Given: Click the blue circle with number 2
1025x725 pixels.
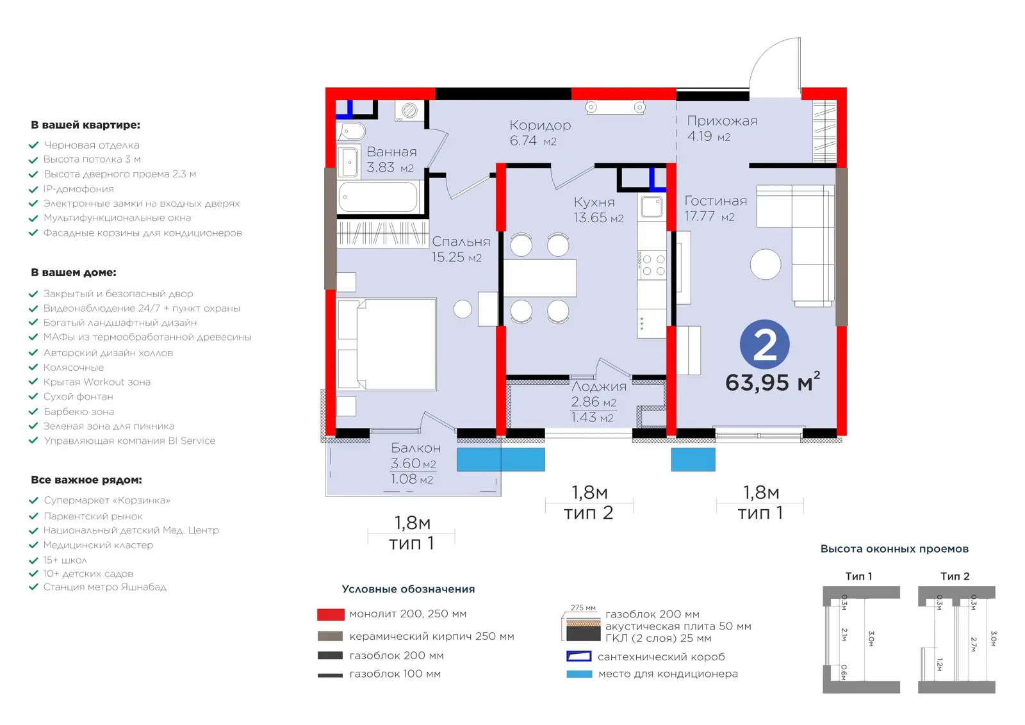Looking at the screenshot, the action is click(765, 344).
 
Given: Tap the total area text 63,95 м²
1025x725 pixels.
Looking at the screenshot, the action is click(773, 382).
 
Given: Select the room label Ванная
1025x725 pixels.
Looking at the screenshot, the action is click(391, 151).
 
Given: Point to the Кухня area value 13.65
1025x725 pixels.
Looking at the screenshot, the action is click(590, 217).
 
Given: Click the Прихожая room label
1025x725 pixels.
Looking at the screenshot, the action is click(722, 121).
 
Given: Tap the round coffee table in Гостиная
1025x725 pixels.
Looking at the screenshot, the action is click(766, 264).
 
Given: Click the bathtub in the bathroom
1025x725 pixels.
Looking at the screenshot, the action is click(378, 197).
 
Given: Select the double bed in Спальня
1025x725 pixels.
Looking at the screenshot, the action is click(386, 344).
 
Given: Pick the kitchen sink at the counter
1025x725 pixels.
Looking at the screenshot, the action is click(652, 206).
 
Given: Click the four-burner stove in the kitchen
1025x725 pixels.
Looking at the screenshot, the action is click(652, 265).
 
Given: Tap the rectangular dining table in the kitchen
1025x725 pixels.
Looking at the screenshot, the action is click(540, 278).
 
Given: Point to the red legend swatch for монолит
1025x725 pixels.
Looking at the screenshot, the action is click(331, 614).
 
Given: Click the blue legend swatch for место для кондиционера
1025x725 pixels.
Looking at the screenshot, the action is click(579, 674).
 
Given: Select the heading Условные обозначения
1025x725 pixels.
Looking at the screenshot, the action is click(408, 589).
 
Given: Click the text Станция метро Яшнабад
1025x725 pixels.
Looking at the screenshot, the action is click(105, 587).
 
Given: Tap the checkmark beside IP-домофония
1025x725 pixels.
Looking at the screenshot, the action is click(33, 189).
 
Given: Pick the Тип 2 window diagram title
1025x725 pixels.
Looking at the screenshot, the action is click(955, 576).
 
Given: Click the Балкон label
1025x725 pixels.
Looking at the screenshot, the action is click(416, 447).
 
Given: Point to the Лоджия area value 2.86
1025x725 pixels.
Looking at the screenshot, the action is click(585, 402).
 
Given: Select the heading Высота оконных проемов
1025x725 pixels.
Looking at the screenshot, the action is click(894, 549).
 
